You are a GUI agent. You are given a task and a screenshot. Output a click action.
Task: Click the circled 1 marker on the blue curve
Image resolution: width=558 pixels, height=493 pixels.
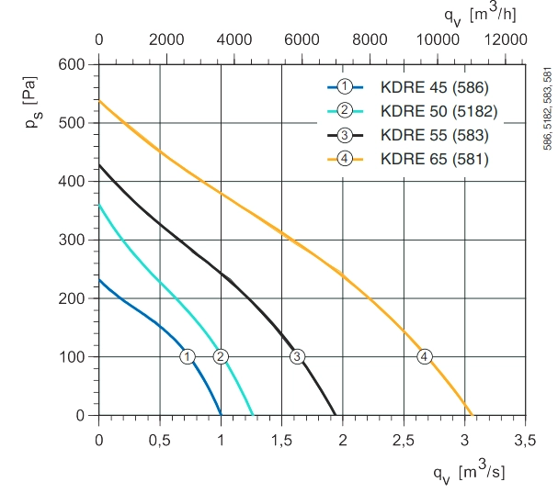[188, 356]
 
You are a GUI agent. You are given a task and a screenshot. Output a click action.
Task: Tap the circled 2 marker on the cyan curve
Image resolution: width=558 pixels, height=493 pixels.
[221, 356]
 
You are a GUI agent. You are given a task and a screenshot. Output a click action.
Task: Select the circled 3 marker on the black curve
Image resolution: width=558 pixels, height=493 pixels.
[297, 356]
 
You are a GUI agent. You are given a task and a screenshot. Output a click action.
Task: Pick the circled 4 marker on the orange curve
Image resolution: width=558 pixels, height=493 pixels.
[424, 356]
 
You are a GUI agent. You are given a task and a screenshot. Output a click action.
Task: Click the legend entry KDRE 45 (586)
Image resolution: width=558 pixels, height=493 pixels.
[435, 87]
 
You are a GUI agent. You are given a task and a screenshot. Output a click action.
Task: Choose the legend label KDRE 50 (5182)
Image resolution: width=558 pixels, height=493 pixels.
[438, 111]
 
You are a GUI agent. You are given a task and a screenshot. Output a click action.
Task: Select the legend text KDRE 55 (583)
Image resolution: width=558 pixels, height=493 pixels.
[435, 135]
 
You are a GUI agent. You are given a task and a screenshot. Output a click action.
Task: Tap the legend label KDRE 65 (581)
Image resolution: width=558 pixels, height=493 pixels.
[435, 159]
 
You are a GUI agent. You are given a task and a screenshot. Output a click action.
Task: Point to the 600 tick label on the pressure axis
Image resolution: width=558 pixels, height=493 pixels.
[72, 64]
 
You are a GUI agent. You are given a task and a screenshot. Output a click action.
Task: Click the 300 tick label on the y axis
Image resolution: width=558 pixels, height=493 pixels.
[72, 240]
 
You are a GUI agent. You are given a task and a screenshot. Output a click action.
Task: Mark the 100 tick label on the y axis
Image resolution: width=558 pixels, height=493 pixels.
[72, 357]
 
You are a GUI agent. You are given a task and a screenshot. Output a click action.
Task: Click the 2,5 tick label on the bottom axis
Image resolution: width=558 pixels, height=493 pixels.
[404, 441]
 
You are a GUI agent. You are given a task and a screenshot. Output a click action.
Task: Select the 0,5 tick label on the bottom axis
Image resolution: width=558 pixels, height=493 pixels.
[160, 441]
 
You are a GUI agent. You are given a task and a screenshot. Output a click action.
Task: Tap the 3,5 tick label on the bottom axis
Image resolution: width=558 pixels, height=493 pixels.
[525, 441]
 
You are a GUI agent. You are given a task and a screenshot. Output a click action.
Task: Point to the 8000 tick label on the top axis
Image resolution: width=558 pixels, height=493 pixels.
[370, 39]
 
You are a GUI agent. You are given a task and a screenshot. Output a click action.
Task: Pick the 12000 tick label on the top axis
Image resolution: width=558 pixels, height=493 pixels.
[506, 39]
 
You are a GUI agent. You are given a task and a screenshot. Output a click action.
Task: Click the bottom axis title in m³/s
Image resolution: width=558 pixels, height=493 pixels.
[469, 473]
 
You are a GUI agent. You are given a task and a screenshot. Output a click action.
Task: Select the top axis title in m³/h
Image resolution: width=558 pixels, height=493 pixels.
[480, 15]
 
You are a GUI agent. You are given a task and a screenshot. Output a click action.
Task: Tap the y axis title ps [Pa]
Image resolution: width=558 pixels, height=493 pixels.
[31, 103]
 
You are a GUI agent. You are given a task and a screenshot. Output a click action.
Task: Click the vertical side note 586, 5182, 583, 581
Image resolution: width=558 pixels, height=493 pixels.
[548, 108]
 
